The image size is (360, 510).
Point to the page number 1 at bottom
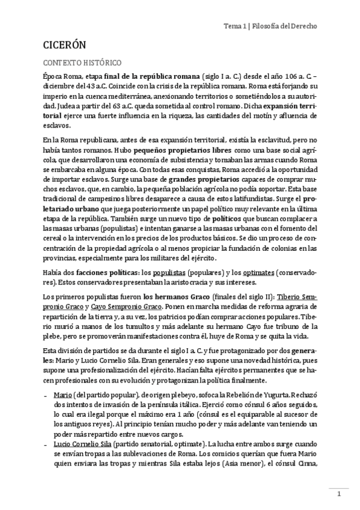coord(338,494)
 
